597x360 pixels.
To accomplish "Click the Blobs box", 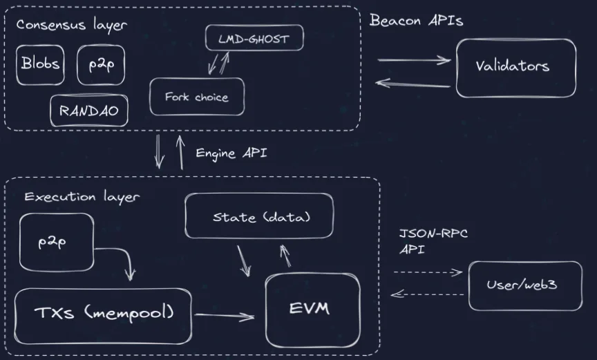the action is click(40, 65).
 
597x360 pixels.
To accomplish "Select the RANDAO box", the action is click(89, 111).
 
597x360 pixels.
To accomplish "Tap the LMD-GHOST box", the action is click(254, 38).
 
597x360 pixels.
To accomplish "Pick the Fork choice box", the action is click(197, 97).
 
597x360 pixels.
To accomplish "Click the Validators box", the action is click(516, 68).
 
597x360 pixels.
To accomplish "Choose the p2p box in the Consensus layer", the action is click(101, 65).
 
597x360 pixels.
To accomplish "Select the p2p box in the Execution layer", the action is click(57, 243).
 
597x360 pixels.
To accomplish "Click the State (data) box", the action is click(259, 216).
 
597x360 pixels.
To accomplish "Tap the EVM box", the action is click(312, 310).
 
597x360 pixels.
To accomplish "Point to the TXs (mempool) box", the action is click(103, 316).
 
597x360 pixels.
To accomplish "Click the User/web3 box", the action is click(525, 285).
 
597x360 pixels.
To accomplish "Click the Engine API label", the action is click(231, 153).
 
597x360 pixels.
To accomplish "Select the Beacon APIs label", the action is click(416, 20).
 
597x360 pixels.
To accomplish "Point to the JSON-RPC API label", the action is click(433, 242).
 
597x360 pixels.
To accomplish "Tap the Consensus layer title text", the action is click(72, 25).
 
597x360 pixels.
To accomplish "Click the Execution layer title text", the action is click(82, 197).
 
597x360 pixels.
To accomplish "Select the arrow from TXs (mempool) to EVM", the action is click(225, 316).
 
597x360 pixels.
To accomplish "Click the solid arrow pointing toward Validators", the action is click(415, 59).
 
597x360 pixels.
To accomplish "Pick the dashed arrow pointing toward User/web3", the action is click(428, 272).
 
